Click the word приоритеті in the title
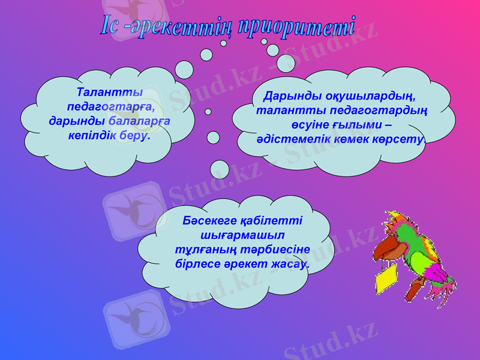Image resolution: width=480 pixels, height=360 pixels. [296, 28]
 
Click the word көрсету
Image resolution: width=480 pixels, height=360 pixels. [401, 139]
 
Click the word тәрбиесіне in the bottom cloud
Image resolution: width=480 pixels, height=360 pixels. [280, 248]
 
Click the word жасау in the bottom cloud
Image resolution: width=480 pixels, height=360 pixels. [287, 263]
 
